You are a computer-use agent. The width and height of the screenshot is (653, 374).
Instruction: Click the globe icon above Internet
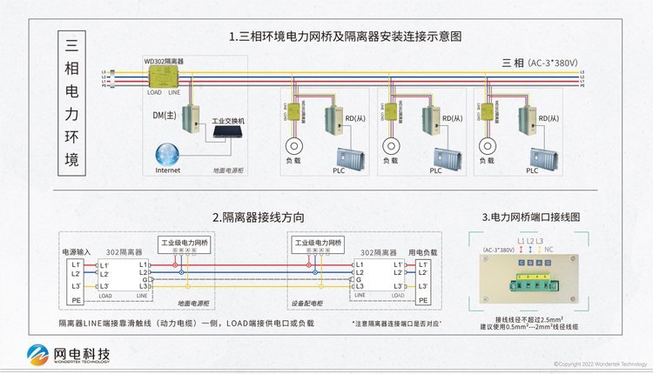(169, 153)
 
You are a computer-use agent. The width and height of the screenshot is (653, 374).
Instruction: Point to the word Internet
(168, 171)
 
